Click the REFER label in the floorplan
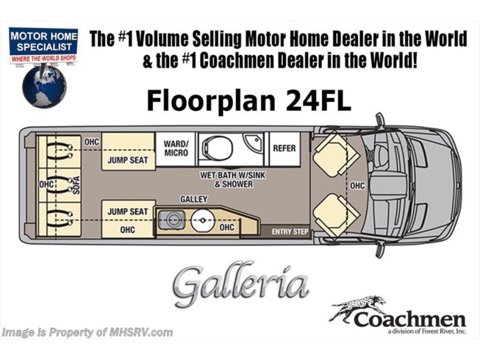click(x=284, y=148)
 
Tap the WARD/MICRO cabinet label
click(x=176, y=148)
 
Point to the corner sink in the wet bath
click(x=253, y=142)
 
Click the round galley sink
click(x=202, y=220)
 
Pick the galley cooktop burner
click(x=172, y=220)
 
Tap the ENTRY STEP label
click(x=290, y=232)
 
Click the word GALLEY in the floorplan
click(x=194, y=199)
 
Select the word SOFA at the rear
click(x=76, y=185)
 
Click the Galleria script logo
click(x=240, y=284)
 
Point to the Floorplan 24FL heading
click(x=248, y=101)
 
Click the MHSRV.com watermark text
click(x=87, y=333)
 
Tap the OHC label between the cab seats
click(x=357, y=186)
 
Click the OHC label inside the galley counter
click(x=227, y=227)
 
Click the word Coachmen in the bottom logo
click(x=410, y=320)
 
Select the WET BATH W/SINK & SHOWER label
click(x=233, y=180)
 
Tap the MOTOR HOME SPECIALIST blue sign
click(x=43, y=41)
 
